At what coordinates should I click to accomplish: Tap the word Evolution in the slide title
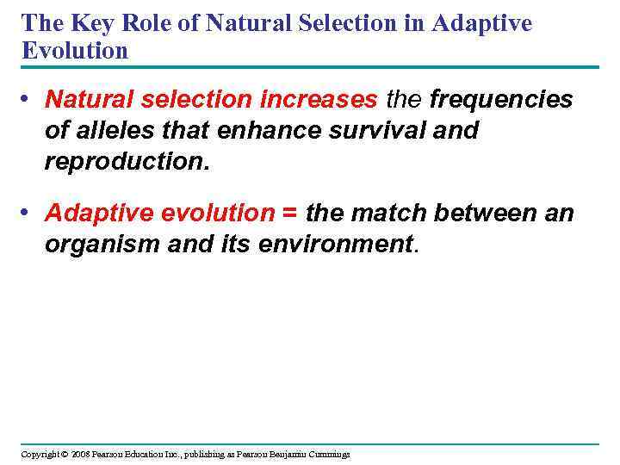75,51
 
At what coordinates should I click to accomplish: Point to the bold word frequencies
500,101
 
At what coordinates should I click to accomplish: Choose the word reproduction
126,162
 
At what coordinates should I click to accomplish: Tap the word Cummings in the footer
325,454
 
